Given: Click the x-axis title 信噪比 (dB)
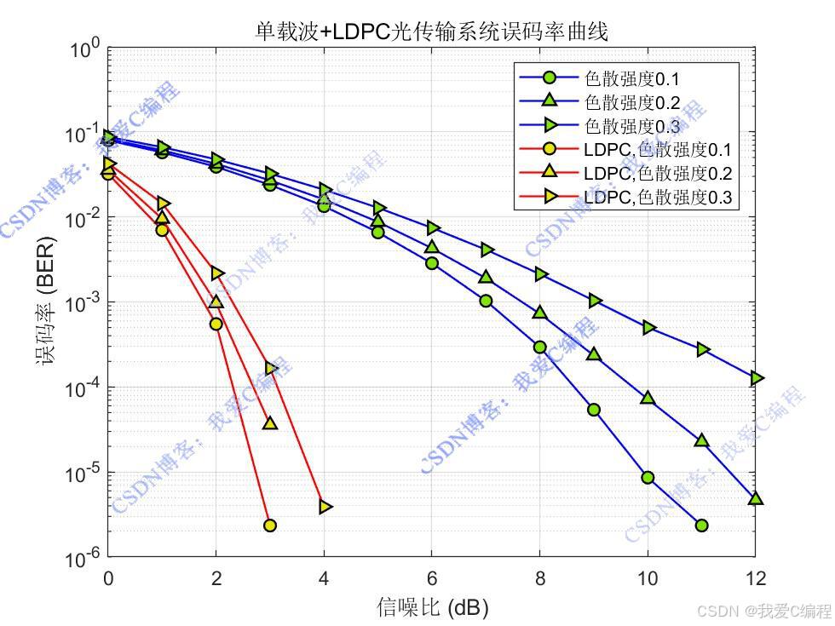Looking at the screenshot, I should click(x=432, y=607).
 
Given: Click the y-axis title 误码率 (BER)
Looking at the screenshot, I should click(x=44, y=302).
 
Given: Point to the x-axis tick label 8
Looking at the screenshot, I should click(x=539, y=578).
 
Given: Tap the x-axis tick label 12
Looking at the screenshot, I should click(x=755, y=578).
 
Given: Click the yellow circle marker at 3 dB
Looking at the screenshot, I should click(x=270, y=525).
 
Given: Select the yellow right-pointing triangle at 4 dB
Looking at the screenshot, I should click(x=325, y=507).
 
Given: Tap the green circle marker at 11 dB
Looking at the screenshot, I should click(x=701, y=525).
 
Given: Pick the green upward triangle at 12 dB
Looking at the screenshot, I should click(x=755, y=498).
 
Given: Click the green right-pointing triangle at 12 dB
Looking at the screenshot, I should click(x=756, y=378).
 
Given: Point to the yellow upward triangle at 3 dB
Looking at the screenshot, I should click(x=270, y=422).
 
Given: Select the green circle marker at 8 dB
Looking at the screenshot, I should click(x=539, y=347).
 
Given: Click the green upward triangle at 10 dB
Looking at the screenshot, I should click(x=648, y=398).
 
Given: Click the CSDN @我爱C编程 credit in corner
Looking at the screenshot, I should click(x=763, y=611).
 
